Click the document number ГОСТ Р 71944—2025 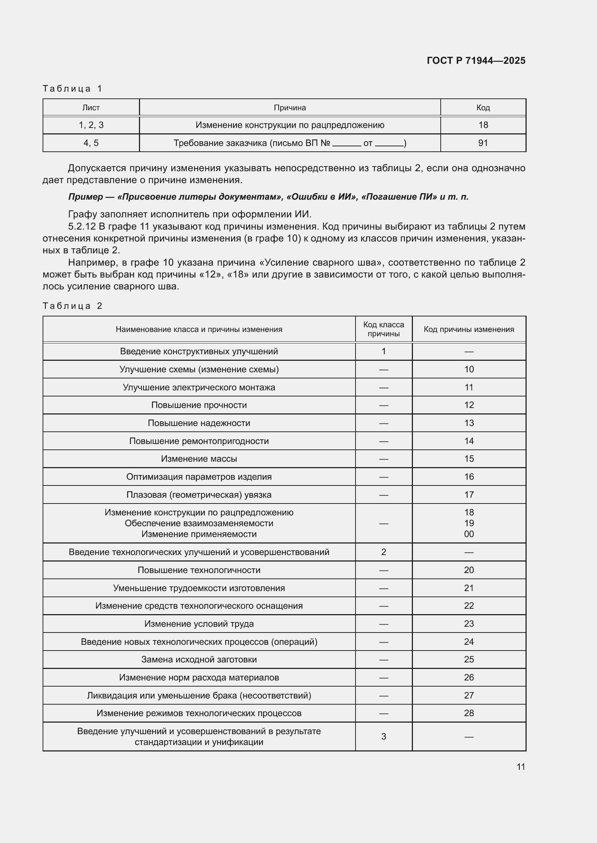click(x=476, y=61)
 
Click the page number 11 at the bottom click(x=520, y=767)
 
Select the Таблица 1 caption click(x=73, y=89)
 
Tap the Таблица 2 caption click(x=73, y=306)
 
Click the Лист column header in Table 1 click(x=91, y=107)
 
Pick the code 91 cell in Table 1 click(x=483, y=143)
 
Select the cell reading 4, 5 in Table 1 click(x=91, y=143)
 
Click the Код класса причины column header click(x=383, y=329)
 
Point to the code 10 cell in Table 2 click(x=469, y=369)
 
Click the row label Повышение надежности click(x=199, y=423)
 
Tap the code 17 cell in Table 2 click(x=469, y=494)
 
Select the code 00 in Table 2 click(x=469, y=534)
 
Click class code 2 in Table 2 click(x=383, y=552)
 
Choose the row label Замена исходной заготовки click(x=199, y=660)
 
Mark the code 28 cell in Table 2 click(x=469, y=713)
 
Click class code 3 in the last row click(x=383, y=737)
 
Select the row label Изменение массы click(x=199, y=458)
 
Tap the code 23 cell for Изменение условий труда click(x=469, y=624)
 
